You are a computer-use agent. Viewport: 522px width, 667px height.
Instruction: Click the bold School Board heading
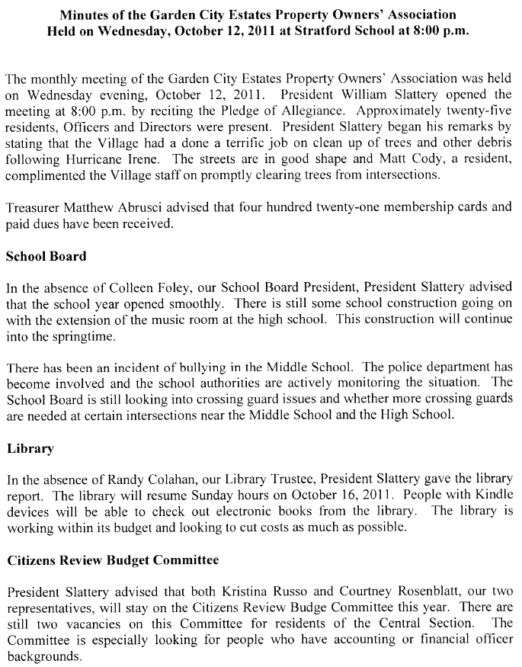(46, 256)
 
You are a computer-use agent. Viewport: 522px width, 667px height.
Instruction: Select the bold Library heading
(30, 448)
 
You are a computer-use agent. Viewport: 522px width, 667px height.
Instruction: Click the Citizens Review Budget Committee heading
(113, 560)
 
